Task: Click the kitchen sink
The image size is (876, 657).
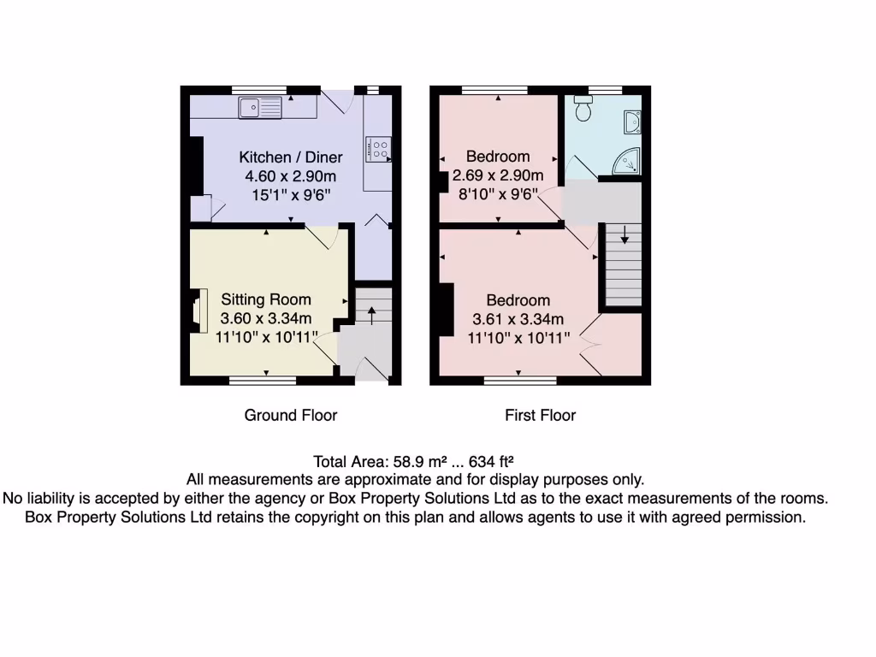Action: click(261, 107)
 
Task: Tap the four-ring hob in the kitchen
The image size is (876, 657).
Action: click(379, 150)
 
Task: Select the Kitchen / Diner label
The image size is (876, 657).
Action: click(290, 157)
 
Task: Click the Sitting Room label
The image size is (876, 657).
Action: click(266, 299)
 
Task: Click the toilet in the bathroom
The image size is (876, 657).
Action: click(584, 109)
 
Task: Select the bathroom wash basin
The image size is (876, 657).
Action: click(632, 122)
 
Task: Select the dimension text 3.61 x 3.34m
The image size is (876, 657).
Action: click(518, 319)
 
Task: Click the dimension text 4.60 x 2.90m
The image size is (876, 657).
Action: click(290, 176)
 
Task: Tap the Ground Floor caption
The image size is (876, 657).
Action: click(291, 416)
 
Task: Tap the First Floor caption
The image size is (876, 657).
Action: click(540, 416)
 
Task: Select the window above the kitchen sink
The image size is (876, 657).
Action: click(259, 89)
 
